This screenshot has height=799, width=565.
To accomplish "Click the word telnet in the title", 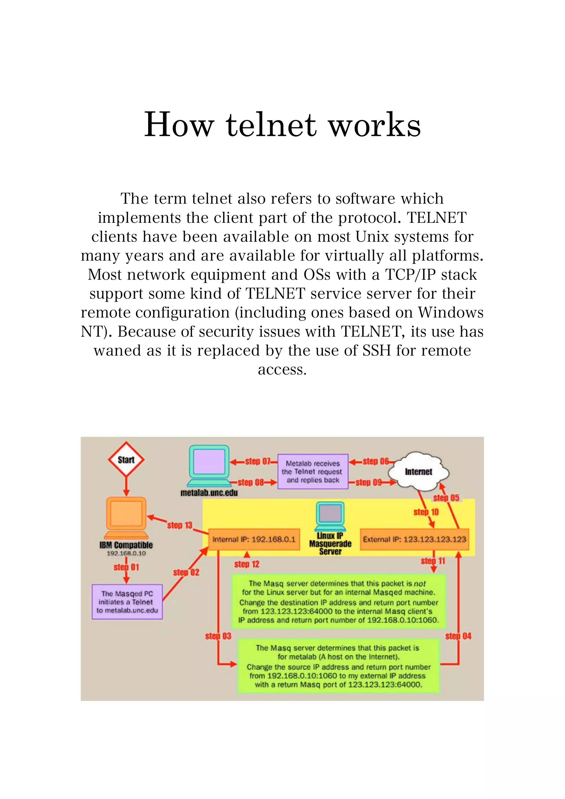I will (x=271, y=125).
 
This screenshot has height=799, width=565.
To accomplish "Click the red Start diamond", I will (x=126, y=460).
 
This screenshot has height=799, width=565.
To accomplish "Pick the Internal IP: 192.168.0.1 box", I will (x=254, y=539).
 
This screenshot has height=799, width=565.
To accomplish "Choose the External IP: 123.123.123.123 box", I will (x=414, y=539).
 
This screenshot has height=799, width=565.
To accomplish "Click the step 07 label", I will (x=258, y=462).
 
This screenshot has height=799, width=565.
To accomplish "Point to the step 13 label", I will (x=180, y=525).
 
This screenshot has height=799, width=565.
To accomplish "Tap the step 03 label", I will (x=218, y=636).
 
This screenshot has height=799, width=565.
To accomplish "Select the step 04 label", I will (x=458, y=636).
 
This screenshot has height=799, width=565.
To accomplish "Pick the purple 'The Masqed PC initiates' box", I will (x=127, y=602).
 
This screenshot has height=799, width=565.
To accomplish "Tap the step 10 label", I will (x=426, y=512).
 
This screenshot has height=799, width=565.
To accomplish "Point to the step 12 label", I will (x=247, y=564).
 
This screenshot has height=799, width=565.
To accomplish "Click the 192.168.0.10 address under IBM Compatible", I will (x=126, y=553).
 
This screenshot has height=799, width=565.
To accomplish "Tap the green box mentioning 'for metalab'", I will (x=339, y=666).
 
